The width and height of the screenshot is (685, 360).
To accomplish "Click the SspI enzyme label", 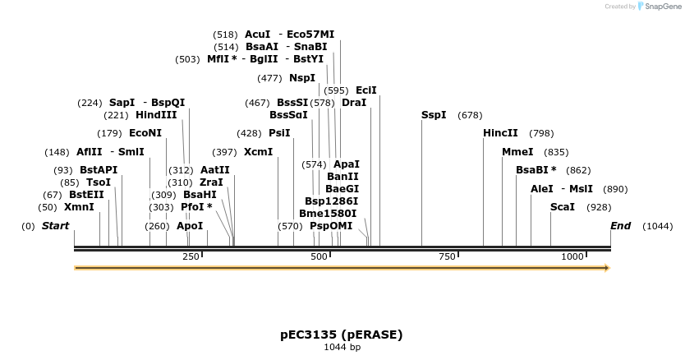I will (434, 115).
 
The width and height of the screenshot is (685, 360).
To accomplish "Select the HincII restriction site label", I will (500, 133).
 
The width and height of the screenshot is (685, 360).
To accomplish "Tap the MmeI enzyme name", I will (517, 152).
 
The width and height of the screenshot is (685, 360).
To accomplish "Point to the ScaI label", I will (563, 207).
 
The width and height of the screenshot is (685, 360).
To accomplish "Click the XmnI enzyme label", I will (79, 207).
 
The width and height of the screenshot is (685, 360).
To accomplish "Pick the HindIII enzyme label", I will (156, 115).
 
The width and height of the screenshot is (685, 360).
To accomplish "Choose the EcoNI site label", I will (145, 133).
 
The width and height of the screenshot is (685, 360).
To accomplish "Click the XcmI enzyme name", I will (258, 152).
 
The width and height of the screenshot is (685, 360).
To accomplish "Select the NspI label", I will (302, 78).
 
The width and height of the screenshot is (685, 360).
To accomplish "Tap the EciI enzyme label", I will (366, 90).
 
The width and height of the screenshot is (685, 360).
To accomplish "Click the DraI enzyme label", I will (354, 103).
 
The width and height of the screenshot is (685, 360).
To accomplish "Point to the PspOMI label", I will (331, 226).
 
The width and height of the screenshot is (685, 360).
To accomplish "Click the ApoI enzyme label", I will (190, 226).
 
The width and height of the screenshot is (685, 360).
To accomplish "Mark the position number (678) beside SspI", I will (470, 115).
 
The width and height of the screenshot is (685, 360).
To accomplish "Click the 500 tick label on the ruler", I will (320, 257).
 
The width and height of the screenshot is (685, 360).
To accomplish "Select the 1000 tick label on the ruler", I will (572, 257).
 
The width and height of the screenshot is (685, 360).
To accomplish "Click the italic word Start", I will (56, 226).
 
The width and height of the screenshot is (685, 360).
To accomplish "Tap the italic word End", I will (621, 226).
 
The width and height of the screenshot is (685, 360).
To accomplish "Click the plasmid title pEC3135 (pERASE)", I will (342, 335).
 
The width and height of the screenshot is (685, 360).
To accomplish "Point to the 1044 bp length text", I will (342, 348).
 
